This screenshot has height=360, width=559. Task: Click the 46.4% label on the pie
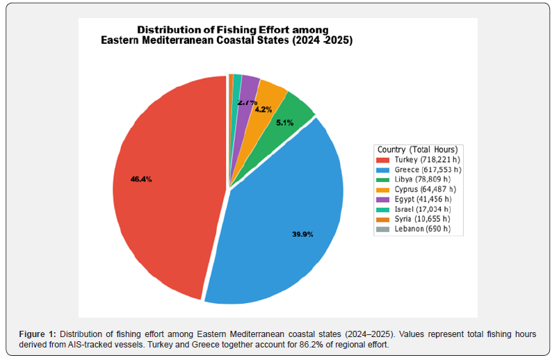click(x=141, y=179)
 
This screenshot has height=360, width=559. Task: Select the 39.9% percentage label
click(x=302, y=234)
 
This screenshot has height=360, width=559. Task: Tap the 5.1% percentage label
click(x=285, y=122)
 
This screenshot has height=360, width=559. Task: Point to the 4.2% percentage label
click(x=264, y=109)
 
